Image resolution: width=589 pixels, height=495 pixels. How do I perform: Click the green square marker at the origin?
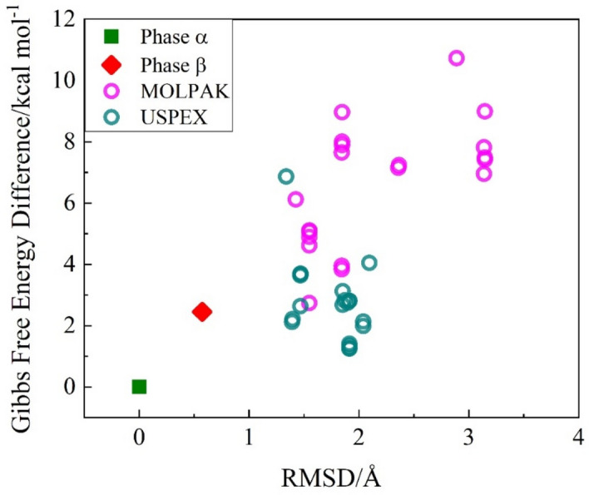pyautogui.click(x=139, y=386)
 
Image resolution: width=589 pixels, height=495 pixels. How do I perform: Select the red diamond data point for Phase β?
pyautogui.click(x=201, y=312)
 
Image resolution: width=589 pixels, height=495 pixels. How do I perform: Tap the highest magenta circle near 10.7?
pyautogui.click(x=456, y=58)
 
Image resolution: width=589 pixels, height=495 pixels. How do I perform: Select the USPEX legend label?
pyautogui.click(x=173, y=118)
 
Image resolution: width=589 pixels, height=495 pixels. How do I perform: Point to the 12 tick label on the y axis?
pyautogui.click(x=63, y=19)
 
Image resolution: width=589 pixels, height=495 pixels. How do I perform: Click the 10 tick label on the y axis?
pyautogui.click(x=63, y=81)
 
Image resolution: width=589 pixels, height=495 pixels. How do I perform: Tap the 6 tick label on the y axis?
pyautogui.click(x=69, y=203)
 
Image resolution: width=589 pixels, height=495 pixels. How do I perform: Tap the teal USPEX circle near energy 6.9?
pyautogui.click(x=286, y=176)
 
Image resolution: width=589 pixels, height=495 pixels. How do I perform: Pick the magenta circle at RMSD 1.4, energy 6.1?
pyautogui.click(x=295, y=200)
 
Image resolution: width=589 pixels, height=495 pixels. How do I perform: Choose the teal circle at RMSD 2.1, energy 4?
pyautogui.click(x=369, y=263)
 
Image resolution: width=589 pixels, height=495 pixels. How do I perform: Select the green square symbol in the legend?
pyautogui.click(x=112, y=36)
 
